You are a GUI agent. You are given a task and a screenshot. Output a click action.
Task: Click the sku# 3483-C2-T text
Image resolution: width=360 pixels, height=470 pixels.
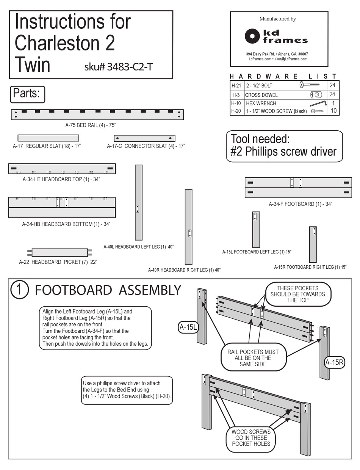point(119,67)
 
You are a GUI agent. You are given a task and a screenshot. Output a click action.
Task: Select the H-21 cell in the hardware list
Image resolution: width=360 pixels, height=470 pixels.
point(236,86)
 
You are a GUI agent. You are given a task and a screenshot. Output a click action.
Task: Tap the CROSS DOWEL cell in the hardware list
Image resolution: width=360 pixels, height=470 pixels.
point(261,95)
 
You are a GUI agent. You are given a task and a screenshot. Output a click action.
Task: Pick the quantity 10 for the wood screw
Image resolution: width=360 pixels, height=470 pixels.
point(333,111)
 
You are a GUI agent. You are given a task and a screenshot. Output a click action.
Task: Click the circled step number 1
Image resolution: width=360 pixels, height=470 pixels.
point(19,290)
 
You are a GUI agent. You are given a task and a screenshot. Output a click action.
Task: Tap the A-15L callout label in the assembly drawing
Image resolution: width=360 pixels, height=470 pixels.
point(188,327)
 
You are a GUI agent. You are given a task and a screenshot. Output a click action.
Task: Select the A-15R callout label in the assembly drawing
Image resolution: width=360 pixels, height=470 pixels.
point(334,362)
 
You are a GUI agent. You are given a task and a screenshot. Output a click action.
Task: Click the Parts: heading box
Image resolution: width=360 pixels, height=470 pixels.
point(27,94)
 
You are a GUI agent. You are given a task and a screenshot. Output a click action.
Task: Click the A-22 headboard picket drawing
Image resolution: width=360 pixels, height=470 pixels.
point(59,253)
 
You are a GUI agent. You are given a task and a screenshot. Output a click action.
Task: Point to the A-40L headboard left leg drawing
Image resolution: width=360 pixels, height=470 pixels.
point(139,202)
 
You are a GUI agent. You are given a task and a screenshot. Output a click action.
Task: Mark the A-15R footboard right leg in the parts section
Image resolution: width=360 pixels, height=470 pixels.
point(313,244)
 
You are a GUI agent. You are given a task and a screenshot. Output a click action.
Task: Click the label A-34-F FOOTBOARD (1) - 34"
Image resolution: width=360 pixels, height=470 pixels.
point(301,204)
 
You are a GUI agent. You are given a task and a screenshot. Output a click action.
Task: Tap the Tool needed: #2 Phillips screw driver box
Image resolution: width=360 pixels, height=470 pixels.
point(284,146)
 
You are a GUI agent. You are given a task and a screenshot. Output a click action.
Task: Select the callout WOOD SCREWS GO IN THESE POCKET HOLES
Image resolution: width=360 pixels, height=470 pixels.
point(251,438)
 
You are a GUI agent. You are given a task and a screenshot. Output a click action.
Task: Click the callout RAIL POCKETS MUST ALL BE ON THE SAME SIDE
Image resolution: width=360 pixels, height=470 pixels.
point(250,358)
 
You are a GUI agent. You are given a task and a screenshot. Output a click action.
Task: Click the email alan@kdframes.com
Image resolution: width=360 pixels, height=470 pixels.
point(291,59)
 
